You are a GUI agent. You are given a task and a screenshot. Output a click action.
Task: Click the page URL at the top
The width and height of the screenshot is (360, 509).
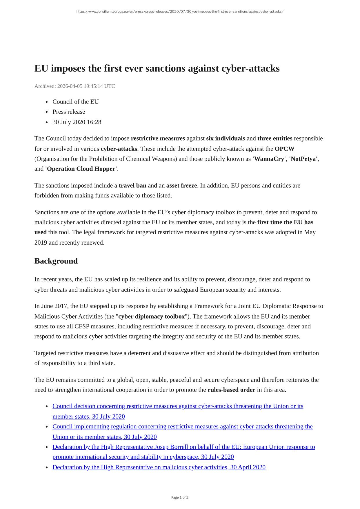click(180, 12)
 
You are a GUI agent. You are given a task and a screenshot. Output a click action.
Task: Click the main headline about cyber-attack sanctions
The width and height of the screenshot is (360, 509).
click(157, 68)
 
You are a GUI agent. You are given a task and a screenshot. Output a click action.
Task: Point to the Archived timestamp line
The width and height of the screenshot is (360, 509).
click(74, 86)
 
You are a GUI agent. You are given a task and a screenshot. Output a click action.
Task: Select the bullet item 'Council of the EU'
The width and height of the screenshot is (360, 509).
click(75, 102)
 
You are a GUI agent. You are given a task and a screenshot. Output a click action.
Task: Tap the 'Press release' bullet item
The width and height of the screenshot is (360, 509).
click(69, 112)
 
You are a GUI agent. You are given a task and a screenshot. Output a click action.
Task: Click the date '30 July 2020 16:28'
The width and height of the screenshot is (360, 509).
click(77, 122)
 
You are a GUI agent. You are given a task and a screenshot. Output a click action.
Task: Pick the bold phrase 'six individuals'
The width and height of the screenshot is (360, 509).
click(226, 139)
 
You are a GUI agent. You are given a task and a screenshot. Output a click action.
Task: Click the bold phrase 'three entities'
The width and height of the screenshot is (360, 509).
click(275, 139)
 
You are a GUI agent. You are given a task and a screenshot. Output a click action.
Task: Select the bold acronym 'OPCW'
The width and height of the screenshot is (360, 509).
click(284, 149)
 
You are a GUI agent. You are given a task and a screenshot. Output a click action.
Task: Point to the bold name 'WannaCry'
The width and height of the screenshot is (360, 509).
click(269, 159)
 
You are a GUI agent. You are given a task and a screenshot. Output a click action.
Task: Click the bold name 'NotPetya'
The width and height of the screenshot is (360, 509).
click(303, 159)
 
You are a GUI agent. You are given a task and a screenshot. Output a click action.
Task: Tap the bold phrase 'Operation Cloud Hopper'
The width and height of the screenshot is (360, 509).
click(81, 169)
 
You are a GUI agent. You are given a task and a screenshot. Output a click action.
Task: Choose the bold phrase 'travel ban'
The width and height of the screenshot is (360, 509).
click(132, 186)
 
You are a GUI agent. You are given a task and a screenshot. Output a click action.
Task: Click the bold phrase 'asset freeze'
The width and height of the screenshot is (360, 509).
click(181, 186)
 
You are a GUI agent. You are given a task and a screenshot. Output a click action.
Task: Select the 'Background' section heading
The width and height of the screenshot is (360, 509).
click(56, 261)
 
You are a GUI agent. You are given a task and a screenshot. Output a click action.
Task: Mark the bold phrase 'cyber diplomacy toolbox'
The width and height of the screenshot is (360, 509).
click(152, 316)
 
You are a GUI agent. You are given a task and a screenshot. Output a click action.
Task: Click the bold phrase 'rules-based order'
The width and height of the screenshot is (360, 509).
click(231, 390)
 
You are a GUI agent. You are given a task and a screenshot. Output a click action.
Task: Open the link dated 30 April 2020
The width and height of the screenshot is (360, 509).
click(159, 467)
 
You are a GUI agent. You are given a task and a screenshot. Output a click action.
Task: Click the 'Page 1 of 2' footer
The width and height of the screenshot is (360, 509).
click(180, 497)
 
